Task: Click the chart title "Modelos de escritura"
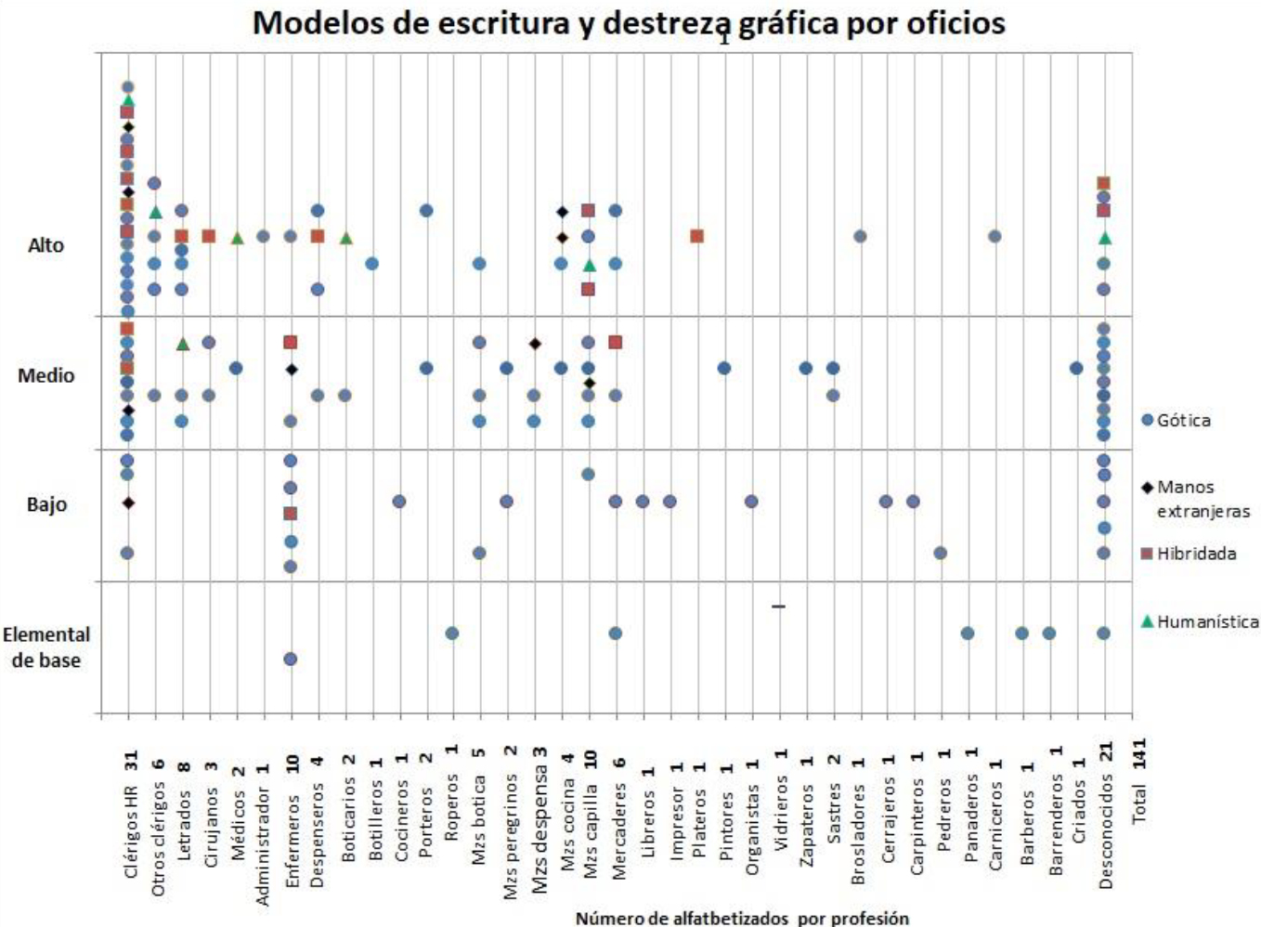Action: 629,22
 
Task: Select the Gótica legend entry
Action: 1176,420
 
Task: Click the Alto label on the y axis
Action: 45,245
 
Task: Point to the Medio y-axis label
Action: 45,375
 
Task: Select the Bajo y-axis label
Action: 45,504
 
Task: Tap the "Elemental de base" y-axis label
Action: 45,647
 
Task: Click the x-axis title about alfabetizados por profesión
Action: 742,918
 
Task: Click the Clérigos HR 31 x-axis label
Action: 130,814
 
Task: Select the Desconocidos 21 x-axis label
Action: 1105,816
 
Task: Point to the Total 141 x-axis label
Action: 1138,780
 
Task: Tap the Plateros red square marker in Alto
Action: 697,236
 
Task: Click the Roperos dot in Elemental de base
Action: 452,633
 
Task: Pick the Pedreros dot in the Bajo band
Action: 941,553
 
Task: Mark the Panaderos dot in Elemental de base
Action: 968,633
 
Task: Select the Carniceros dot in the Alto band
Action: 994,236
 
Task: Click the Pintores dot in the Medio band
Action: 724,368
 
